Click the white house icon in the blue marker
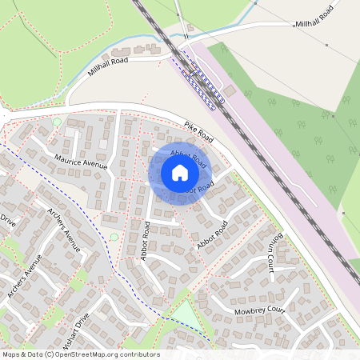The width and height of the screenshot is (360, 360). point(179,173)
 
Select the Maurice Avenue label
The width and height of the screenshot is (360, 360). point(81,160)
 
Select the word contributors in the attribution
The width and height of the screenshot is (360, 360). point(139,354)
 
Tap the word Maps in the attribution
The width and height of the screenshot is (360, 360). point(11,354)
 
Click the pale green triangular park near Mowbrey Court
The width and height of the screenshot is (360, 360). point(185,314)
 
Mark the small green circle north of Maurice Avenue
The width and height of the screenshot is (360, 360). point(57,122)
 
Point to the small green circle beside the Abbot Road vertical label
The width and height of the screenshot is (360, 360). point(114,237)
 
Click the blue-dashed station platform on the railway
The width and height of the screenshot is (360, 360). point(196,77)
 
